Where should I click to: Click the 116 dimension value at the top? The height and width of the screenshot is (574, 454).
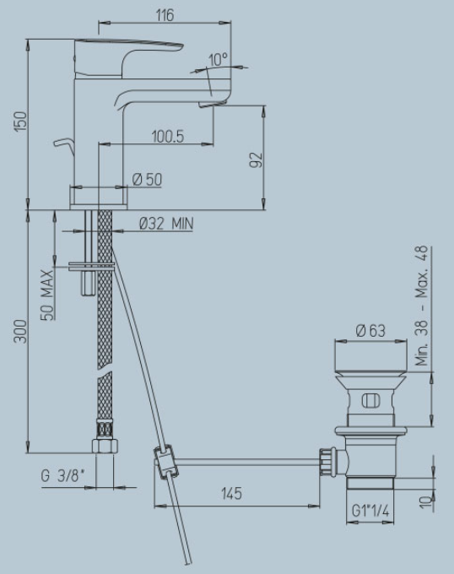tap(165, 15)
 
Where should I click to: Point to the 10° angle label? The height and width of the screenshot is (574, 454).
tap(218, 59)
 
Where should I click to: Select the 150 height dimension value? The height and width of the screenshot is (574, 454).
tap(20, 122)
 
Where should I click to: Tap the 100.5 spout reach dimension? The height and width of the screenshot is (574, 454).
tap(168, 137)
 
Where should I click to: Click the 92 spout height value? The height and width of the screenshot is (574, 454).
tap(256, 160)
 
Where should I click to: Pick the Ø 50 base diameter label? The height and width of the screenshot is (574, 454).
tap(147, 179)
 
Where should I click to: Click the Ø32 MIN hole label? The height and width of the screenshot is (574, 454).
tap(166, 224)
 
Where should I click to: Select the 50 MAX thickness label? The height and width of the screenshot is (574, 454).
tap(46, 295)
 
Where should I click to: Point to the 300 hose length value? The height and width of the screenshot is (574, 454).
tap(20, 331)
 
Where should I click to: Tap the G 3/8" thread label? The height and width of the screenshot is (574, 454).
tap(62, 476)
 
